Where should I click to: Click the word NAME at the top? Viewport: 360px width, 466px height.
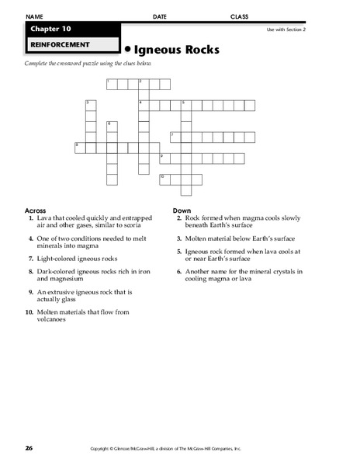pos(36,16)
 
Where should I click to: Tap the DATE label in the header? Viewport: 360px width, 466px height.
pos(160,16)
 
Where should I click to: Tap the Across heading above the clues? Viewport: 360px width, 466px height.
pos(36,210)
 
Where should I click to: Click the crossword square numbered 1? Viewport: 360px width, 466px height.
pos(111,82)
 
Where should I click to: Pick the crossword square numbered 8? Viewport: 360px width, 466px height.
pos(79,147)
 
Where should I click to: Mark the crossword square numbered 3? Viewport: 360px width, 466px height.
pos(90,104)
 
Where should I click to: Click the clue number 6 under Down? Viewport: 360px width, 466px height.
pos(178,272)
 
